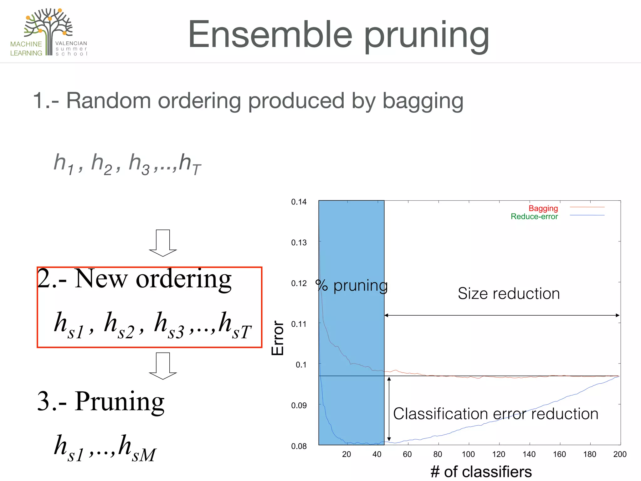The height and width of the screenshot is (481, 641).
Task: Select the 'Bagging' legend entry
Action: (x=543, y=208)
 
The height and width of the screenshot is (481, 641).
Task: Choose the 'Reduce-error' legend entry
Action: (x=534, y=216)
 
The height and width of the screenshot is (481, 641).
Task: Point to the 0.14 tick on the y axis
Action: (x=299, y=202)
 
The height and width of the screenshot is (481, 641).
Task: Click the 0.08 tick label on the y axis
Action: (x=299, y=446)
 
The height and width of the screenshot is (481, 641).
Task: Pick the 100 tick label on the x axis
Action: (x=468, y=454)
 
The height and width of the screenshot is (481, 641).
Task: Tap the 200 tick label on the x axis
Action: (x=620, y=454)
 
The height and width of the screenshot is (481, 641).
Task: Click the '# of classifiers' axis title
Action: (x=481, y=472)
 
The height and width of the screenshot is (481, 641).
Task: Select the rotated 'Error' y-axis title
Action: (x=278, y=338)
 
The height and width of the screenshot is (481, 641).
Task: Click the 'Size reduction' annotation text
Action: (x=509, y=294)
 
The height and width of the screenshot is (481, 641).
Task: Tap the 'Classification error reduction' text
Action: (x=495, y=414)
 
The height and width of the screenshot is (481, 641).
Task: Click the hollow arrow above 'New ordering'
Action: (x=163, y=243)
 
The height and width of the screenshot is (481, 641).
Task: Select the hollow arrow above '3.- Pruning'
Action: (x=163, y=366)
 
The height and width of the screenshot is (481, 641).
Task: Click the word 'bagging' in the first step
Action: (x=423, y=101)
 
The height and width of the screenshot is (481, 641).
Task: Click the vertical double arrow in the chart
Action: (x=389, y=409)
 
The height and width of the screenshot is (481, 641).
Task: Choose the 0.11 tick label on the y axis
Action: (x=299, y=324)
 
